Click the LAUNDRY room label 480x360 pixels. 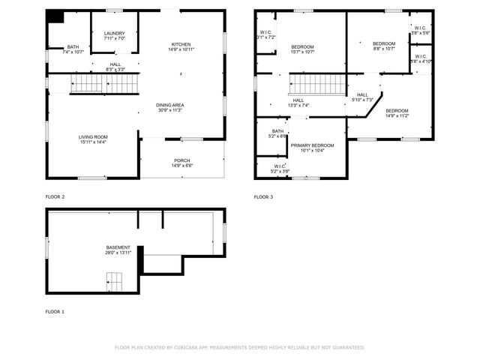[115, 33]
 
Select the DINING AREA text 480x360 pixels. [170, 104]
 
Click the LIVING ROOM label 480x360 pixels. [94, 136]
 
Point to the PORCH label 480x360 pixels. [182, 160]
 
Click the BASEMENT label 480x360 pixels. [118, 247]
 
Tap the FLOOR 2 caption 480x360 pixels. [55, 196]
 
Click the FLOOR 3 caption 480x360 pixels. [262, 196]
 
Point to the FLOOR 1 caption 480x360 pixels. [55, 311]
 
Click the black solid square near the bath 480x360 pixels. [55, 19]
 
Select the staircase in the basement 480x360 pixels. [114, 283]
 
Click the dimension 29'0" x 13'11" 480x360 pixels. [118, 253]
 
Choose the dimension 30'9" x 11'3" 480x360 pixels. [170, 110]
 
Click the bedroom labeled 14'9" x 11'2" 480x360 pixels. [396, 112]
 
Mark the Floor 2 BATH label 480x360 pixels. [73, 46]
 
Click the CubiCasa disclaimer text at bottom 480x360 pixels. [239, 347]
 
